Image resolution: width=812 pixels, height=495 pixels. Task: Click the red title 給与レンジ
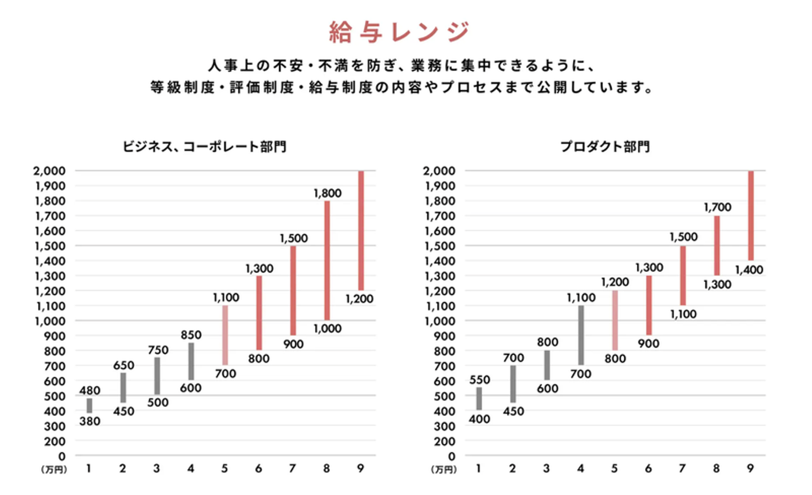399,32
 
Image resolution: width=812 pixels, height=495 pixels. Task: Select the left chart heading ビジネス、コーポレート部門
205,147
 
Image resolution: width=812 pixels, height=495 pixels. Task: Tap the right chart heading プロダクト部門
604,147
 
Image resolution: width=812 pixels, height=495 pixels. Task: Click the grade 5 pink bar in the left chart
225,335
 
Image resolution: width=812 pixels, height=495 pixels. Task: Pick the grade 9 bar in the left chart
361,230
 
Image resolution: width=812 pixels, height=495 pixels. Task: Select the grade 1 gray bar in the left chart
89,405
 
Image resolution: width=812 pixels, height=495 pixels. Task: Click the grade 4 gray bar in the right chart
581,335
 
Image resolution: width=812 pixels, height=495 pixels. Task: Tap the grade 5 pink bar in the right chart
615,320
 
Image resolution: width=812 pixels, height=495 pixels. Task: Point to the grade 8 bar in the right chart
717,245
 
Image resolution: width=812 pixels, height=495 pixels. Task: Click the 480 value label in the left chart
90,390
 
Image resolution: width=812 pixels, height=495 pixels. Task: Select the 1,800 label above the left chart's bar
327,193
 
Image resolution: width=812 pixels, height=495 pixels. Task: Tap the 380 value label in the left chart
90,421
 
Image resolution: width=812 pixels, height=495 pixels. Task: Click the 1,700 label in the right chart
717,207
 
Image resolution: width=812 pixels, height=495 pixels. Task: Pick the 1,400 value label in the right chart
749,270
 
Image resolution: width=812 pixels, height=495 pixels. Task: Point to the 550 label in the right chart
479,380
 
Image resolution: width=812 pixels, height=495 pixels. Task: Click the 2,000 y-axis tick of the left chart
50,170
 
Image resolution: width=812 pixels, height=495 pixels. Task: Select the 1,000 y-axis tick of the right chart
440,321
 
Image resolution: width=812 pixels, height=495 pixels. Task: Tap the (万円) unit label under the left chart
54,470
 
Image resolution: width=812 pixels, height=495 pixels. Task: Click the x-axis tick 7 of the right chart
682,469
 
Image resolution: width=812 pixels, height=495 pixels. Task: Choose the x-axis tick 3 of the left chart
157,469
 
